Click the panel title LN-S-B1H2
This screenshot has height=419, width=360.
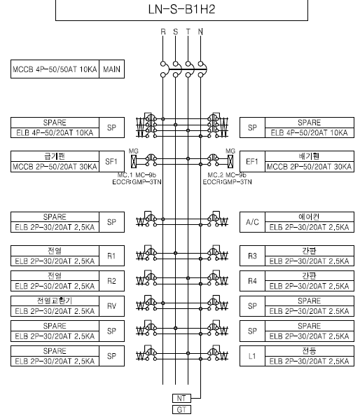click(181, 9)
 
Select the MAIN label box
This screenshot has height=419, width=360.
click(111, 69)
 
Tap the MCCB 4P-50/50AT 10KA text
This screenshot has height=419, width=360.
click(55, 69)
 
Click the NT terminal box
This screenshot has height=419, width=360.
click(181, 398)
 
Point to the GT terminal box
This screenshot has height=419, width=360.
click(181, 410)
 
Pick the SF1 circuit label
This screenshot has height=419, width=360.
click(111, 161)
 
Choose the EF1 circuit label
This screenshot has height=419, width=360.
click(252, 161)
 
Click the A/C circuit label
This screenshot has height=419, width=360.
click(252, 222)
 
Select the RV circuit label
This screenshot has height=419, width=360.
click(111, 306)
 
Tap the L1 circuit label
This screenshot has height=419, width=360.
click(252, 356)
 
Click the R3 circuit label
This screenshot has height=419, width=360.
click(252, 256)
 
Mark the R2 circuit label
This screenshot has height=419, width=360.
click(111, 281)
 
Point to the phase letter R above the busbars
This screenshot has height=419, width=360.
click(163, 32)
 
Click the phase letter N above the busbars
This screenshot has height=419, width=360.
click(200, 32)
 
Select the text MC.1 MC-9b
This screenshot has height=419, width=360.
click(137, 175)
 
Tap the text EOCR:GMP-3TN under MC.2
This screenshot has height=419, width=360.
click(227, 182)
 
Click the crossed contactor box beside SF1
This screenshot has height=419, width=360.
click(134, 161)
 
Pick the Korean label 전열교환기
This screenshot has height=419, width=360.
click(55, 301)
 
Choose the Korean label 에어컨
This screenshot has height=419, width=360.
click(310, 217)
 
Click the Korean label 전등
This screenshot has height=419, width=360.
click(310, 351)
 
